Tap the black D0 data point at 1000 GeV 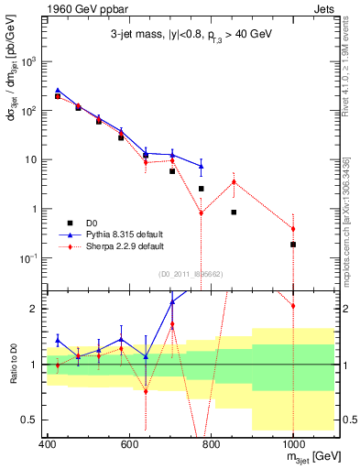click(293, 245)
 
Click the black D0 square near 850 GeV click(234, 212)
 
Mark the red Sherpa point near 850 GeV click(234, 181)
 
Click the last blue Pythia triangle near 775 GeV click(202, 166)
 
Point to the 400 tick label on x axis click(48, 445)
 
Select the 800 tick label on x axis click(212, 445)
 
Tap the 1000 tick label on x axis click(293, 445)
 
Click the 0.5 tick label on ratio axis click(34, 420)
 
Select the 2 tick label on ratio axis click(38, 309)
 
